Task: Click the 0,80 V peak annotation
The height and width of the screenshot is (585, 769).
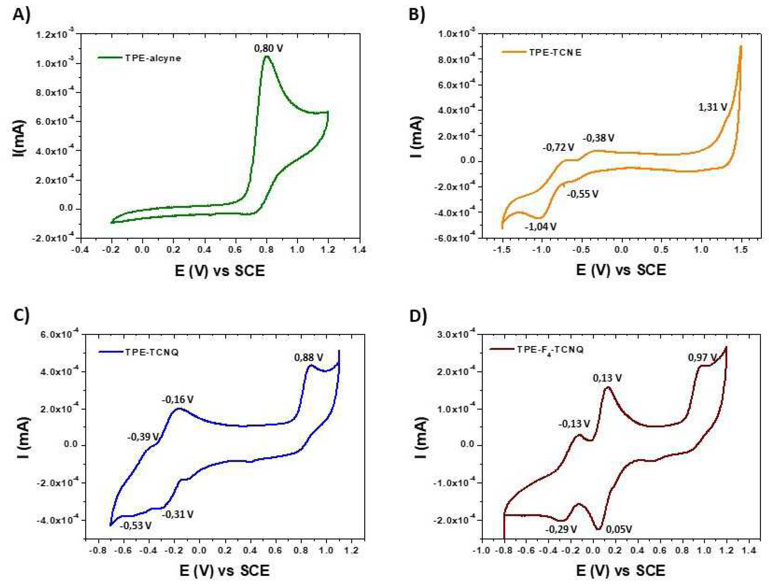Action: point(268,48)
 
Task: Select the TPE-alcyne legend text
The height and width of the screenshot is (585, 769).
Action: point(153,58)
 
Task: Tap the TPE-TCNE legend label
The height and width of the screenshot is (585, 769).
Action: point(555,53)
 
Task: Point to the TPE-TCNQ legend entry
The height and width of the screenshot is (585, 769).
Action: point(152,352)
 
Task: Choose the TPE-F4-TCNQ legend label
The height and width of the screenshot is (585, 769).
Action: point(550,350)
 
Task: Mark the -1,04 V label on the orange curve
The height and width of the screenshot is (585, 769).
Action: point(540,227)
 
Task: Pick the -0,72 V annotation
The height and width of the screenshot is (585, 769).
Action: point(558,148)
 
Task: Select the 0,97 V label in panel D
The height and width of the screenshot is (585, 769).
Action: point(702,357)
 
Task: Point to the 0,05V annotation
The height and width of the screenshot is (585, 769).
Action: point(619,530)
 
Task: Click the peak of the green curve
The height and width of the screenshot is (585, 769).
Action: point(267,56)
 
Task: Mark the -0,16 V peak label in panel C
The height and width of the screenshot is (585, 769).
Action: point(177,399)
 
